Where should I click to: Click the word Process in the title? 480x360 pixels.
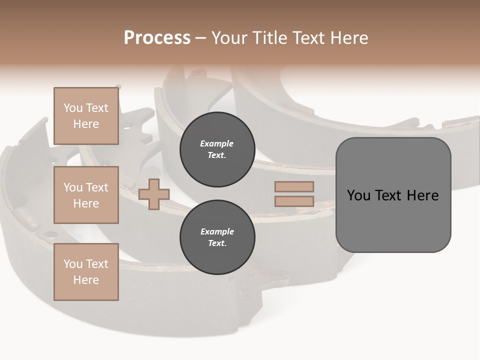tap(157, 38)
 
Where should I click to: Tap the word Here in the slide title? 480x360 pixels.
tap(349, 38)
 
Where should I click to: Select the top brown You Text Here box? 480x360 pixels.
tap(86, 116)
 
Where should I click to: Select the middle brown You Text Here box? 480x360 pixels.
tap(86, 195)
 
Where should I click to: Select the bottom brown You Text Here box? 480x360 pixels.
tap(86, 271)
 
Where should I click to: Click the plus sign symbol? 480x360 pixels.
tap(153, 194)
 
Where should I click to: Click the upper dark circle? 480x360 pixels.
tap(217, 149)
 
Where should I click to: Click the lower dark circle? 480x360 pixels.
tap(217, 237)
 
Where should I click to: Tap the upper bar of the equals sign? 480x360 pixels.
tap(294, 187)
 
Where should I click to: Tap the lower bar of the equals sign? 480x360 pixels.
tap(294, 201)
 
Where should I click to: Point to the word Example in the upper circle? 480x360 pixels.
tap(216, 143)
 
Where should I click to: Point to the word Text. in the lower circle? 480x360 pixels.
tap(217, 243)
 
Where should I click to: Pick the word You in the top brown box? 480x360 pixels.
tap(73, 108)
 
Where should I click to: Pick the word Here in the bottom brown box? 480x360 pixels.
tap(86, 280)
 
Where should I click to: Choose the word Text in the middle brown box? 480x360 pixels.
tap(96, 187)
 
